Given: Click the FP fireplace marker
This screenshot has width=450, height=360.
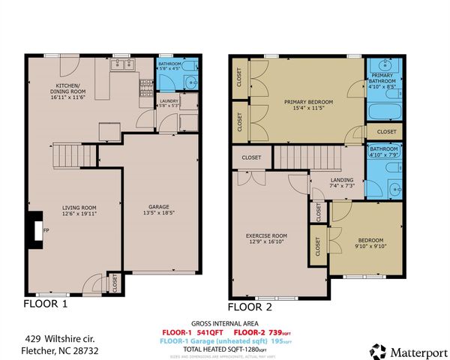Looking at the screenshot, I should (x=46, y=231).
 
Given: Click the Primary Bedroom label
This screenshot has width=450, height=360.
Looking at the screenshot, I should (x=308, y=100).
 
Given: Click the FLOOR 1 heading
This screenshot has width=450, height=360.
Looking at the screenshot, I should (x=46, y=304).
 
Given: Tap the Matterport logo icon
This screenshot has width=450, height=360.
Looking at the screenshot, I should (x=379, y=350).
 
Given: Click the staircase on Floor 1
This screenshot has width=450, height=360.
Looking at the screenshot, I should (x=67, y=155).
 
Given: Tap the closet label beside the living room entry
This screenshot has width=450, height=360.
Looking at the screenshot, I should (x=114, y=284).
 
